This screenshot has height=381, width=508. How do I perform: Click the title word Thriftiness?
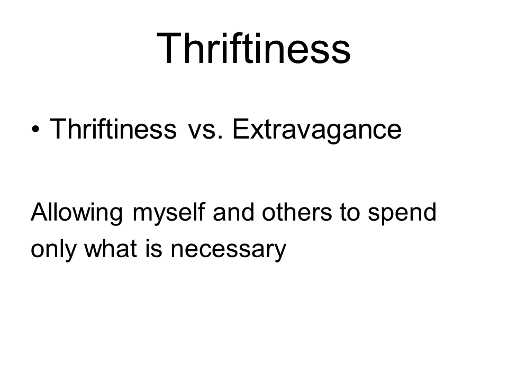pos(253,49)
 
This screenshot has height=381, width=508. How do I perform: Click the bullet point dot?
pos(35,129)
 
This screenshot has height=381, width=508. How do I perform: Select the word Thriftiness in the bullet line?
pos(113,129)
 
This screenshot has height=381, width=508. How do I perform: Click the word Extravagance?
pos(317,130)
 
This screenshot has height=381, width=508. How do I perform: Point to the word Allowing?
pos(77,213)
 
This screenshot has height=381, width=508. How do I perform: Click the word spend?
pos(402,213)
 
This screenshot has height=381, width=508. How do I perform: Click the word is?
pos(153,249)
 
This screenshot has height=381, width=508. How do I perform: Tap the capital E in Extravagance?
pos(241,129)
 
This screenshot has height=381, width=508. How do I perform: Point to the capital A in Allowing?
pos(41,212)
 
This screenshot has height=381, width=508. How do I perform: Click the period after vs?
pos(221,138)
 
